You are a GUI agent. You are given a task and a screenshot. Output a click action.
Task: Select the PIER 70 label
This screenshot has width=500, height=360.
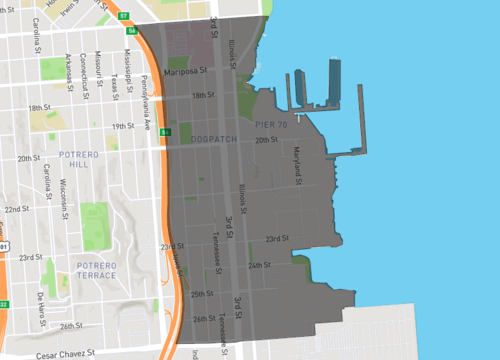(x=271, y=124)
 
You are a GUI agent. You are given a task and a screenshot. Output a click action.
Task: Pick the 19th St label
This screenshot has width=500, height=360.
(x=123, y=126)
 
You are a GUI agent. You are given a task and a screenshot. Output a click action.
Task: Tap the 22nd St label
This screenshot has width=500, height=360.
(x=16, y=209)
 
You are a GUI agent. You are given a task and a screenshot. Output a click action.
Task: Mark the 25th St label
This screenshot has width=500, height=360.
(x=203, y=294)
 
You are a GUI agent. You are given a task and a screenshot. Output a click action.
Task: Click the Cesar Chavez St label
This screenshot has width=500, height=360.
(x=61, y=353)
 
